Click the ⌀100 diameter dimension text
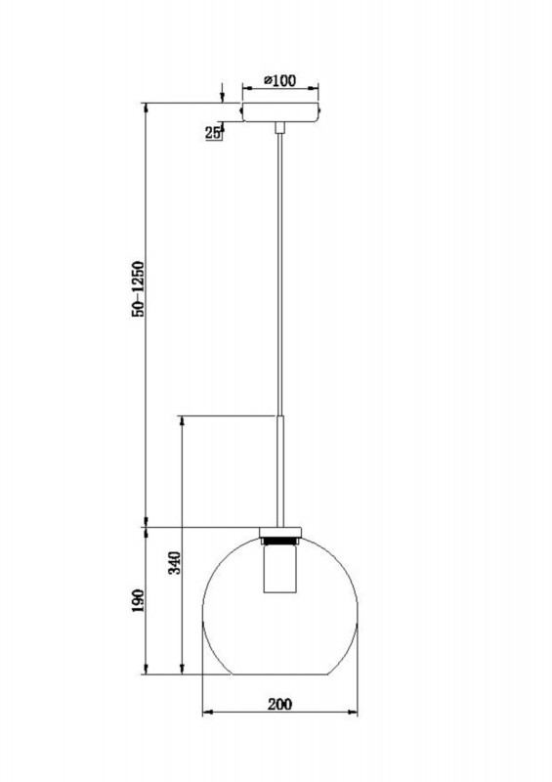pyautogui.click(x=279, y=81)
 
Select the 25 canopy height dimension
pyautogui.click(x=213, y=134)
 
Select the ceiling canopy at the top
pyautogui.click(x=280, y=111)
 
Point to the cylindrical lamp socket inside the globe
pyautogui.click(x=281, y=571)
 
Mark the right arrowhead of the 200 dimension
pyautogui.click(x=356, y=714)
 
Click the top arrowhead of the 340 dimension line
pyautogui.click(x=183, y=418)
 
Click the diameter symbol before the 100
pyautogui.click(x=267, y=81)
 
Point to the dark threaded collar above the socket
pyautogui.click(x=281, y=540)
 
